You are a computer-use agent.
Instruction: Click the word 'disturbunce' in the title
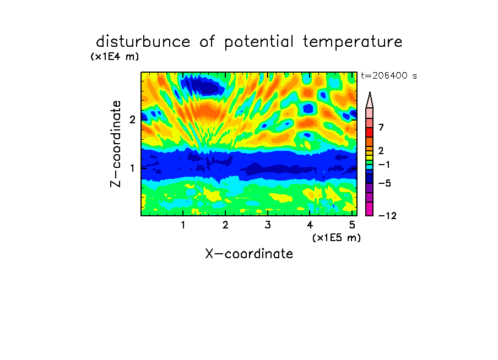143,41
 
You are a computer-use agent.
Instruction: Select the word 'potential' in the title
259,42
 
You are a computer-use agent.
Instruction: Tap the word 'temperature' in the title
353,42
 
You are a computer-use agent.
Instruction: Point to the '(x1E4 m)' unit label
115,57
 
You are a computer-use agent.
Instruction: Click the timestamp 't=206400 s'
389,75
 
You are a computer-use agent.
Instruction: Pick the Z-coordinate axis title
116,144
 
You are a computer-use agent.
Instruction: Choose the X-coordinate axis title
249,254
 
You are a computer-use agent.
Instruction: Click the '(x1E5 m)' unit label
337,238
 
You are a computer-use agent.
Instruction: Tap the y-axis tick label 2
132,119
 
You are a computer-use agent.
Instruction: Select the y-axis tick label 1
132,168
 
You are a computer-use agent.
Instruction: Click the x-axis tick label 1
183,225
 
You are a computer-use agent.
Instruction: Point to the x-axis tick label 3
268,225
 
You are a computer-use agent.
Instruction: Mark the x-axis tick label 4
310,225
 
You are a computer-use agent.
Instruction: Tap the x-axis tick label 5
352,225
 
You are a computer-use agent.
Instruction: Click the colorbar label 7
381,127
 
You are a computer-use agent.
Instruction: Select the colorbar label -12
387,216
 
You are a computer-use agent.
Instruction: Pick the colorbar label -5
385,183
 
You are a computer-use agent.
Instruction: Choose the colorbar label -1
384,165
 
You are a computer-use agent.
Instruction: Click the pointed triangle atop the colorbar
370,101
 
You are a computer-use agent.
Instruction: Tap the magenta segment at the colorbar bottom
370,209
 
